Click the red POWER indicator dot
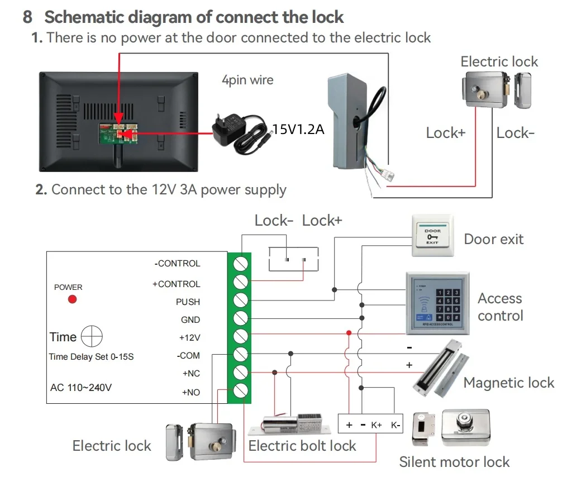click(x=72, y=299)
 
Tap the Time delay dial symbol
click(x=92, y=336)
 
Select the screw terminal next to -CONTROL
click(x=240, y=264)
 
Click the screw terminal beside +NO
click(x=240, y=391)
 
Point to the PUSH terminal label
click(x=188, y=302)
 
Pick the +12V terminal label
click(x=189, y=338)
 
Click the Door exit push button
click(x=433, y=236)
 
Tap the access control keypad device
click(x=438, y=303)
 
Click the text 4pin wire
click(x=247, y=80)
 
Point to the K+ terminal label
click(x=376, y=425)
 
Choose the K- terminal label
click(x=396, y=425)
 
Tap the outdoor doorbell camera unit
click(x=349, y=121)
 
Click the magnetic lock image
click(x=440, y=368)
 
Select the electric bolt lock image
click(x=289, y=424)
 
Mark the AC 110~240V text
click(x=81, y=388)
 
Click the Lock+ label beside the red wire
click(x=446, y=133)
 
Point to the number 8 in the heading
click(x=27, y=17)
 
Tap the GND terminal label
click(x=190, y=320)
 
